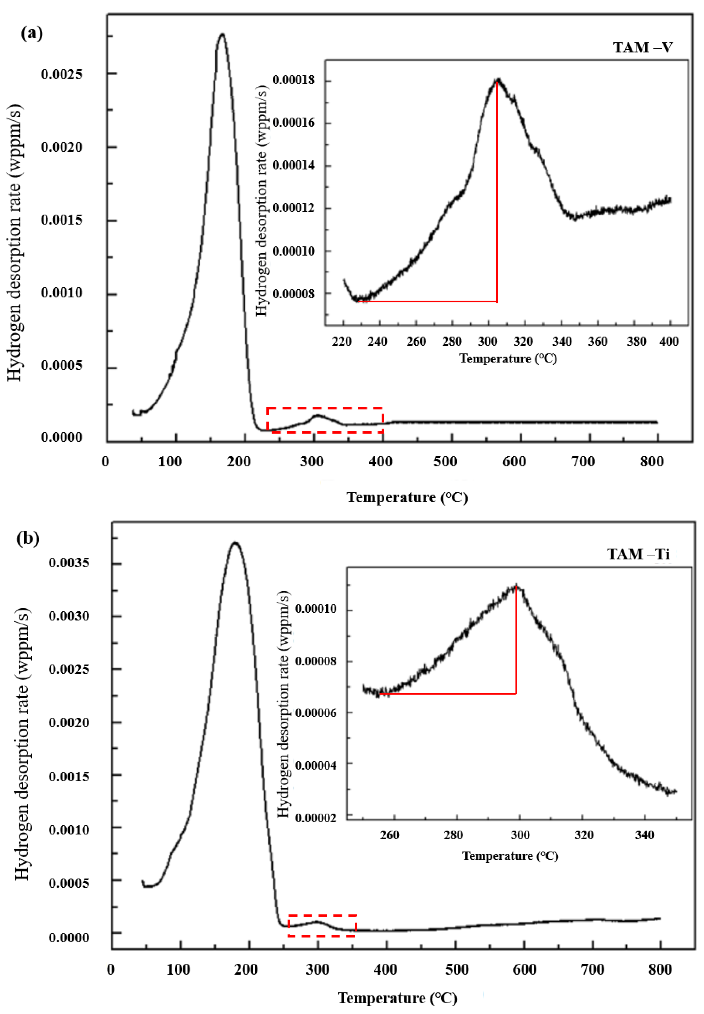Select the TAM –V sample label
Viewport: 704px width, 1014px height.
click(643, 47)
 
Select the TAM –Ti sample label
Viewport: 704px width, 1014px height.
click(638, 554)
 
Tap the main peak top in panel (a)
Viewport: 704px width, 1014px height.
click(222, 34)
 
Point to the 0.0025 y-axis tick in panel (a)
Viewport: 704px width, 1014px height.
click(62, 74)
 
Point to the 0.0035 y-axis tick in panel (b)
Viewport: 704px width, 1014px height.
click(69, 563)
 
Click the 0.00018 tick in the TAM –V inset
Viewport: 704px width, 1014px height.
click(294, 80)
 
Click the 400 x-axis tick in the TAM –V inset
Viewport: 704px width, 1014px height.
click(669, 341)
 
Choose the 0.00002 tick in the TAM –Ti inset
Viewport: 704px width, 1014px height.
click(315, 818)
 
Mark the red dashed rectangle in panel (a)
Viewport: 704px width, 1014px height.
click(325, 420)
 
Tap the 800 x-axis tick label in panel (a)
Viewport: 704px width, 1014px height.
click(652, 461)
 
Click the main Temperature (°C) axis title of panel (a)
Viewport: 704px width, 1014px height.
click(407, 497)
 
